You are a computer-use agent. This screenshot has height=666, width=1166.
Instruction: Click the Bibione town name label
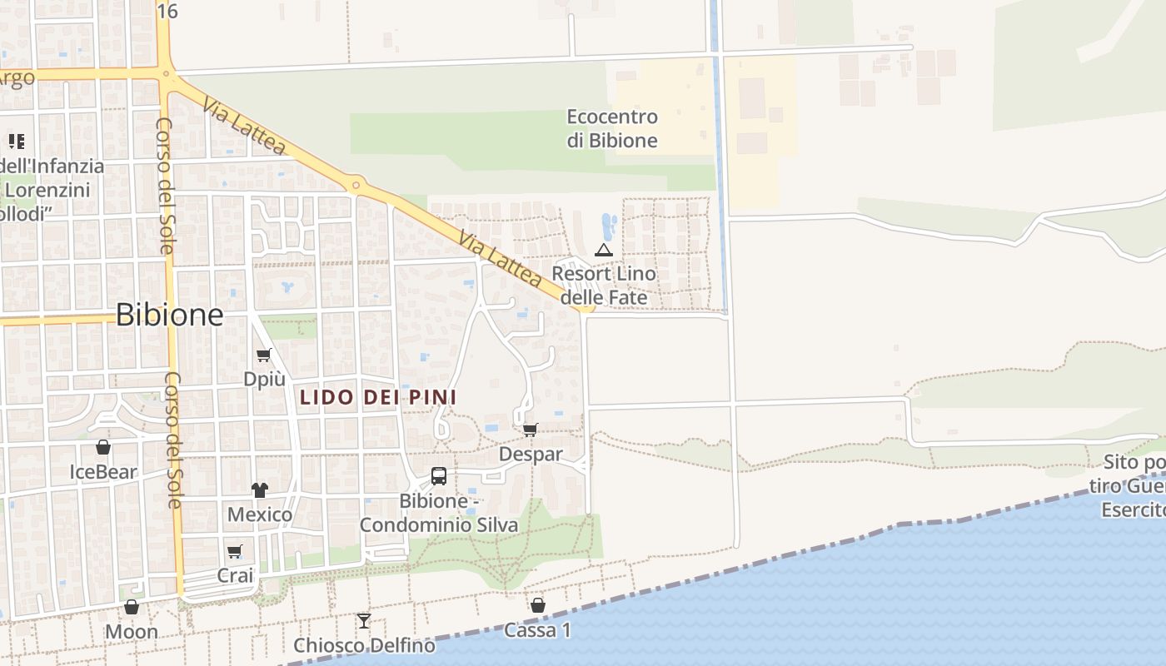(169, 315)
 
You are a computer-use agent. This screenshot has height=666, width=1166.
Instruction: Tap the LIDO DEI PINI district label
(377, 398)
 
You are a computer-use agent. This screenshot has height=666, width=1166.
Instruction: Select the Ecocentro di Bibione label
(612, 128)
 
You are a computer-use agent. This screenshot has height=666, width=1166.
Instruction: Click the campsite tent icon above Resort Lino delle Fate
(603, 250)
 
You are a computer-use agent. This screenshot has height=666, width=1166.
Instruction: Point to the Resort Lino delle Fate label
(604, 286)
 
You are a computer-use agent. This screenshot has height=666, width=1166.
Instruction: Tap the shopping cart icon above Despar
(530, 430)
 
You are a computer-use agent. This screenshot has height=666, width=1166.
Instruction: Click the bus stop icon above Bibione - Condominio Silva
(439, 476)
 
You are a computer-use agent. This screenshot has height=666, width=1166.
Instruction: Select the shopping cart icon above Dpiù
(264, 355)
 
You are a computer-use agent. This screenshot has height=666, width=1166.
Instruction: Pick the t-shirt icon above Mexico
(260, 490)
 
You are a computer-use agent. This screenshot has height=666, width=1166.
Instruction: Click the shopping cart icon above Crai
(235, 551)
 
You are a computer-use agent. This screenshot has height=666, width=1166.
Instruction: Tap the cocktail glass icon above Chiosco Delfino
(364, 620)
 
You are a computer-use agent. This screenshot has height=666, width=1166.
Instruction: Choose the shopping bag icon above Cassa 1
(538, 605)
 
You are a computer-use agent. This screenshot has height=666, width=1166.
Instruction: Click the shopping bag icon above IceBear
(103, 447)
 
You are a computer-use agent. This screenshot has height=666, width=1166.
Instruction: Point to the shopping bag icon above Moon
(132, 607)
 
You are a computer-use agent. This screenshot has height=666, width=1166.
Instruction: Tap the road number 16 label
(167, 11)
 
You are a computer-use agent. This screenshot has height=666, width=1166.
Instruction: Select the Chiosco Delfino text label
(364, 645)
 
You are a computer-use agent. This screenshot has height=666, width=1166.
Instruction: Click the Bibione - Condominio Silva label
(439, 514)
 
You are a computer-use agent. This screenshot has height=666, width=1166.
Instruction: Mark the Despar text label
(531, 455)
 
